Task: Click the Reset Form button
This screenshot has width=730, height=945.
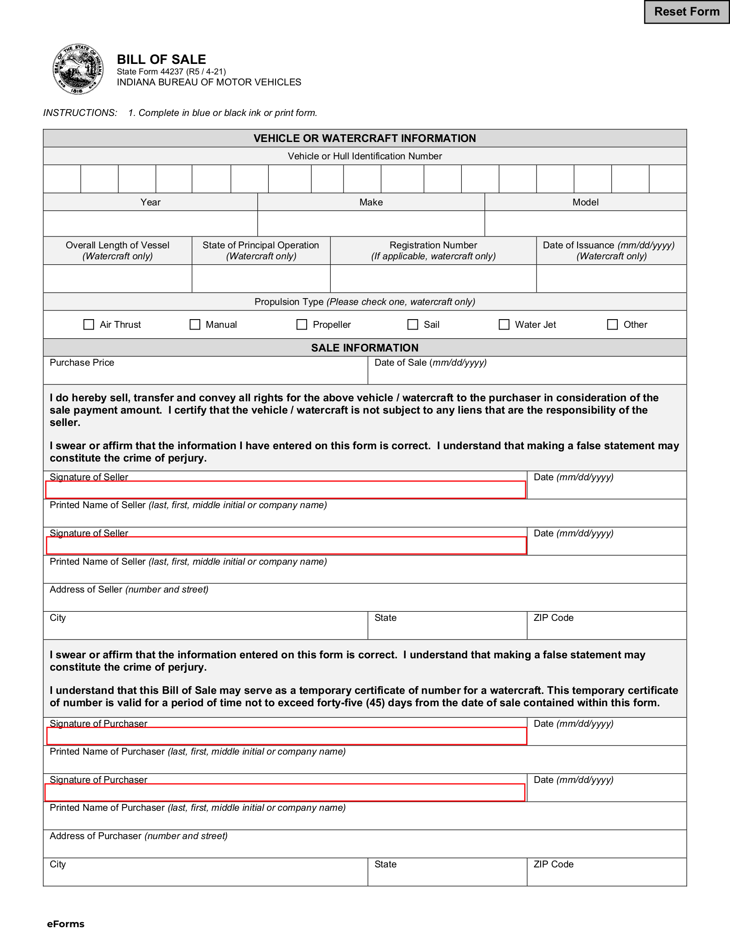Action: [686, 12]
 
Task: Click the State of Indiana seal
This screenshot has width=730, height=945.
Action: [78, 69]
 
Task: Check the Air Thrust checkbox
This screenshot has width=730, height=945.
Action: [89, 325]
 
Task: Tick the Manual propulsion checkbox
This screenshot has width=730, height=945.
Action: [195, 325]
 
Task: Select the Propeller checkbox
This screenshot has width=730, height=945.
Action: [302, 325]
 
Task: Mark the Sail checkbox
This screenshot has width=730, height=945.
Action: [412, 325]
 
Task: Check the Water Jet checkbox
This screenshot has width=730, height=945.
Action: [504, 325]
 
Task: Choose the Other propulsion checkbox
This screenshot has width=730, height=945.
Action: [612, 325]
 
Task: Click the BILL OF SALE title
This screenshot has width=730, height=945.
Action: [162, 59]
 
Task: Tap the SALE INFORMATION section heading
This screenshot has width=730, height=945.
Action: [365, 348]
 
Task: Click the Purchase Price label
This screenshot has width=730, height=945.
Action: [82, 362]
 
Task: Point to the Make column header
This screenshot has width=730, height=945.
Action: [371, 202]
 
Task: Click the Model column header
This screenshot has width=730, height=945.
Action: [585, 202]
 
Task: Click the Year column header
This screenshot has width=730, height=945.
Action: [151, 202]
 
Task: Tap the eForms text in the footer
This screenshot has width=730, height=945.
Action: [66, 924]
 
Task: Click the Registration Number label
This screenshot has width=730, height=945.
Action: [433, 245]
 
